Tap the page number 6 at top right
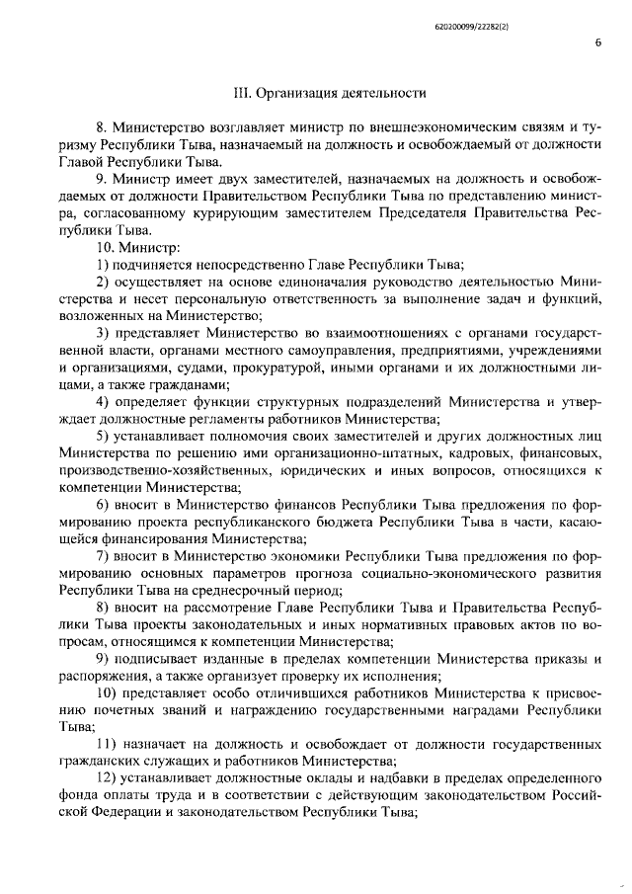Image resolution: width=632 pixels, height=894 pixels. click(598, 42)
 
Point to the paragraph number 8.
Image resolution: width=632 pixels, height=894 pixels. click(100, 127)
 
